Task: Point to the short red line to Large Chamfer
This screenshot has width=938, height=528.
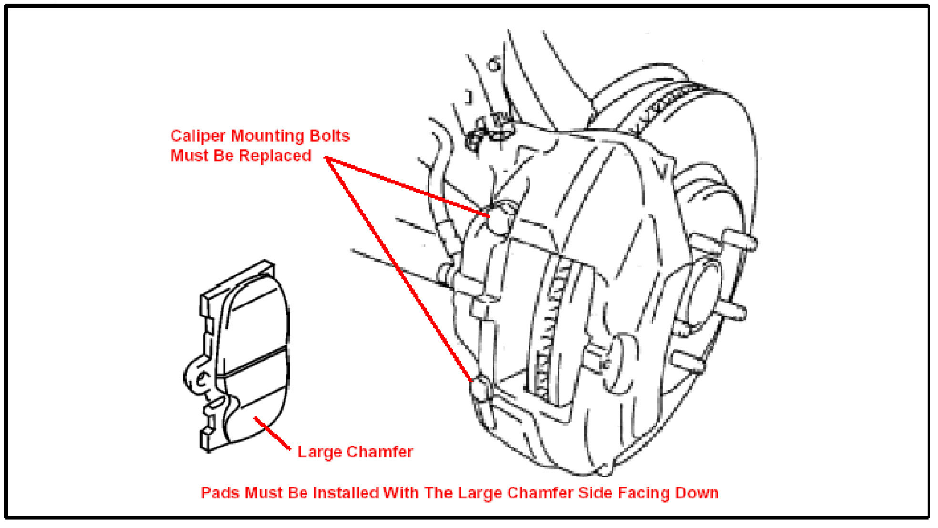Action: pos(272,433)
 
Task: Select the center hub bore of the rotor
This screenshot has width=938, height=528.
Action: pos(701,295)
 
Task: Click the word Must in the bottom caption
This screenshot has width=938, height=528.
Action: pos(261,493)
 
